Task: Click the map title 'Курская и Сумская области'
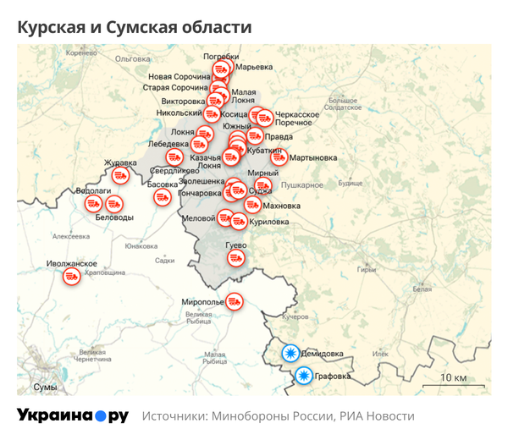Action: coord(135,27)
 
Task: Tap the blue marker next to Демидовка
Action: coord(290,355)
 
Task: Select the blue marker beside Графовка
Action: coord(303,377)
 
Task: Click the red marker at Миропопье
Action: coord(235,300)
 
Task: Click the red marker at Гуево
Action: coord(237,258)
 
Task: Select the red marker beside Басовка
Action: coord(163,197)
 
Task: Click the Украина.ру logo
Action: coord(72,416)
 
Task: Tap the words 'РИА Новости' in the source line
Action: coord(378,416)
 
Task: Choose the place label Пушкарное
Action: coord(302,184)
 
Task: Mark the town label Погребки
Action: coord(221,57)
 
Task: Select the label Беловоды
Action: coord(113,217)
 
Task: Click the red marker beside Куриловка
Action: coord(239,222)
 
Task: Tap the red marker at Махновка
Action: coord(252,205)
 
